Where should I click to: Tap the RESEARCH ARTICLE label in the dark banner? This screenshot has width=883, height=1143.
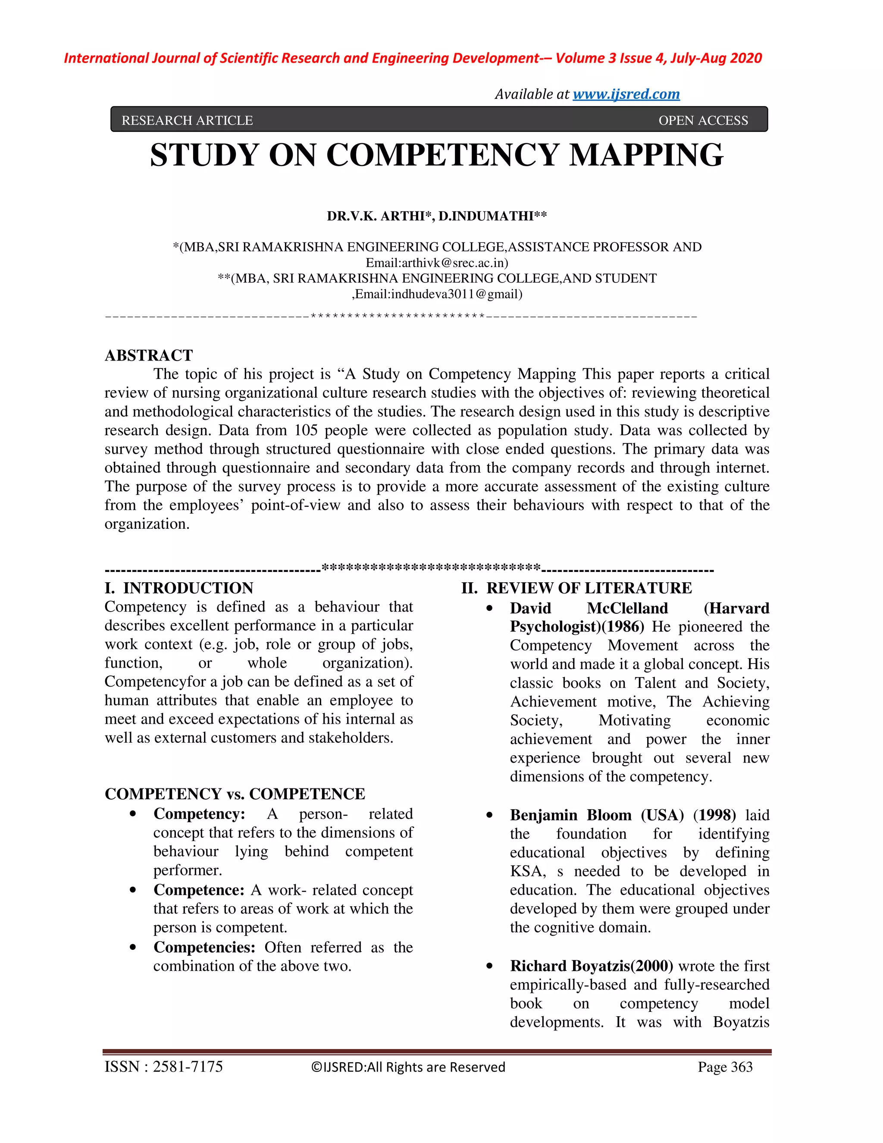click(x=187, y=120)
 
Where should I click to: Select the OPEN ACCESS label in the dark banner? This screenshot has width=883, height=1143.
click(x=703, y=120)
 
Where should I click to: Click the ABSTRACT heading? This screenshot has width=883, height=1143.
click(x=149, y=355)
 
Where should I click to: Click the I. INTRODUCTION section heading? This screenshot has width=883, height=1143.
click(x=179, y=588)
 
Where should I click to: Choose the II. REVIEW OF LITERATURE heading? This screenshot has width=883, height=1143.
click(x=576, y=588)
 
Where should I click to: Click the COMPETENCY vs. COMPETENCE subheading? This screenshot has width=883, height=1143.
click(x=235, y=794)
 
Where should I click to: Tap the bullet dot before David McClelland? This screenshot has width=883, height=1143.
click(x=490, y=608)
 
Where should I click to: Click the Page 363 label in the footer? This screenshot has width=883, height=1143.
click(x=725, y=1067)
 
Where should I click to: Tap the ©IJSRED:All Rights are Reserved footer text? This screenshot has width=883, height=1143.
click(x=408, y=1067)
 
